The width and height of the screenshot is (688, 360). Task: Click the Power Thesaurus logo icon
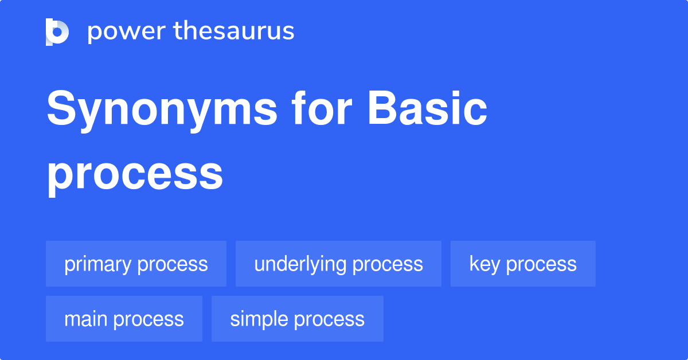tap(57, 32)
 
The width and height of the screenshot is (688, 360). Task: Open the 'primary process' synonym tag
tap(136, 264)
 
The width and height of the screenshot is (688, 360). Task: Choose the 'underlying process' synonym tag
tap(338, 264)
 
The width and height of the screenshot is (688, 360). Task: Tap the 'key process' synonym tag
tap(523, 264)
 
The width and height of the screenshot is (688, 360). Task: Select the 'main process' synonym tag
tap(124, 319)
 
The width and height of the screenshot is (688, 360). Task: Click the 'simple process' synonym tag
tap(297, 319)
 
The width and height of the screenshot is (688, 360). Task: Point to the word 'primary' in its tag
tap(98, 264)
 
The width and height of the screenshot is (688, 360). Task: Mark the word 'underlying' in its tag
tap(300, 264)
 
